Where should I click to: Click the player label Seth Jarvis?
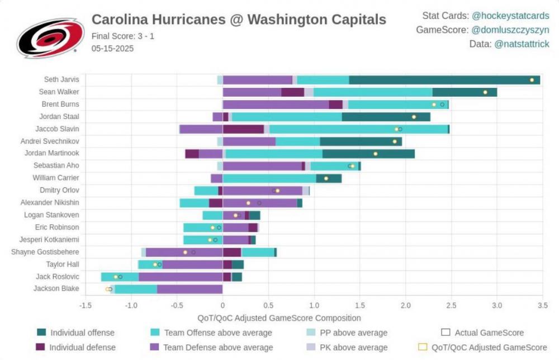(x=61, y=79)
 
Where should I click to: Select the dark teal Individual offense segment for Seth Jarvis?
(x=444, y=80)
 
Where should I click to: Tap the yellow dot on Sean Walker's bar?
(x=485, y=92)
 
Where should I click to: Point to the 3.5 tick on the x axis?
(x=542, y=306)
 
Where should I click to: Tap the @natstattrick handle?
(x=522, y=44)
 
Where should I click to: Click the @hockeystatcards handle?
(x=510, y=16)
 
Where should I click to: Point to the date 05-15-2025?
(x=112, y=48)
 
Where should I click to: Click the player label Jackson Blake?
(x=56, y=288)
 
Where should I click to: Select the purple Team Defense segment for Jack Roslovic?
(x=181, y=277)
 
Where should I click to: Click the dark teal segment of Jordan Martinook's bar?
(x=368, y=154)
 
